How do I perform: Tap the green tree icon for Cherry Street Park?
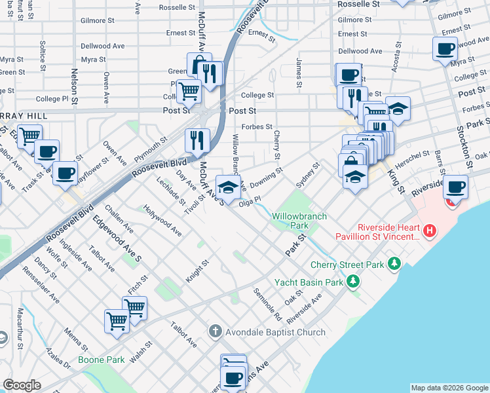click(394, 264)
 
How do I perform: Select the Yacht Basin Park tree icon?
click(353, 282)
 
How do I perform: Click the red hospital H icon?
click(429, 231)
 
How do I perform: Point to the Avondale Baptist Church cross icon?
click(215, 332)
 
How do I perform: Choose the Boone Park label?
click(101, 360)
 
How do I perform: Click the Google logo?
click(22, 385)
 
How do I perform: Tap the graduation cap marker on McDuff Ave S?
click(227, 188)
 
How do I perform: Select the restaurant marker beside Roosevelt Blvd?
click(196, 139)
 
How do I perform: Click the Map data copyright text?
click(449, 388)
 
